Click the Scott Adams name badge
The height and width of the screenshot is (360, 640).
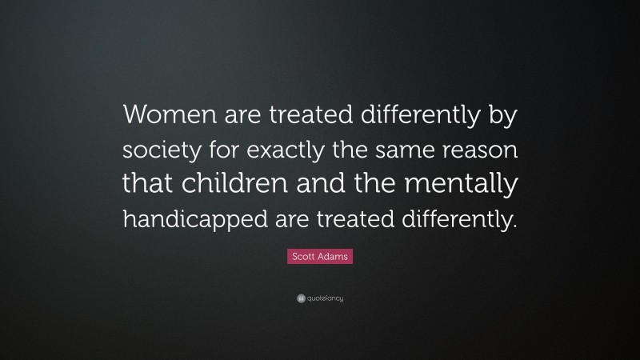tap(319, 257)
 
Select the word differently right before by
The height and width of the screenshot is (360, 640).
tap(420, 117)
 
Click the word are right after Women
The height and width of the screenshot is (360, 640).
tap(236, 117)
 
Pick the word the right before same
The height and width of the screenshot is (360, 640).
tap(353, 150)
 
